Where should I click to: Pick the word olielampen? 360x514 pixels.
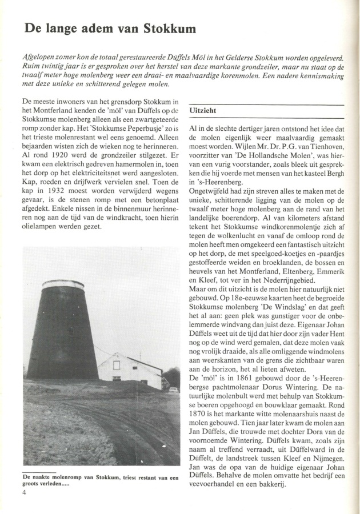(x=43, y=226)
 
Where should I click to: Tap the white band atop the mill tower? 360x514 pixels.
(x=63, y=284)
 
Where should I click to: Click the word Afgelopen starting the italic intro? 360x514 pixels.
(x=42, y=58)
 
